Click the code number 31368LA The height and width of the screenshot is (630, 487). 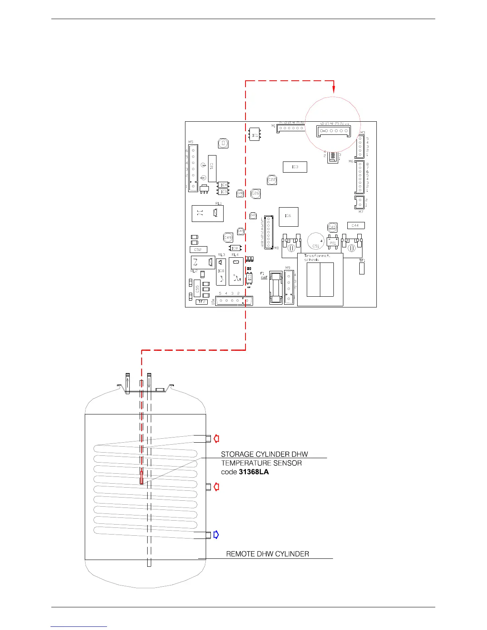pyautogui.click(x=254, y=472)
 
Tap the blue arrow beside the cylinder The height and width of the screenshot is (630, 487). pyautogui.click(x=216, y=535)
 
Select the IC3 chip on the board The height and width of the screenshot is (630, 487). pyautogui.click(x=295, y=167)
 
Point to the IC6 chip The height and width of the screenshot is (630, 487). pyautogui.click(x=288, y=216)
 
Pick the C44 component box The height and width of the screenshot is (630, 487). pyautogui.click(x=355, y=226)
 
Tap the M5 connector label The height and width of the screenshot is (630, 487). pyautogui.click(x=191, y=142)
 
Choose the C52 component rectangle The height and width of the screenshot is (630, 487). pyautogui.click(x=198, y=250)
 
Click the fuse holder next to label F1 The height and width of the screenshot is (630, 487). pyautogui.click(x=276, y=288)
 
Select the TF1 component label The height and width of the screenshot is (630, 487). pyautogui.click(x=362, y=261)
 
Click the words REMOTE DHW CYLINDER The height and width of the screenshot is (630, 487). pyautogui.click(x=267, y=554)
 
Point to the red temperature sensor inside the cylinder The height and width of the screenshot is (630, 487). pyautogui.click(x=142, y=476)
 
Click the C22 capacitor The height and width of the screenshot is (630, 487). pyautogui.click(x=272, y=180)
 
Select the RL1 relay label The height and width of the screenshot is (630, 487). pyautogui.click(x=218, y=203)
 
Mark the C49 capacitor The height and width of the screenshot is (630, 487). pyautogui.click(x=228, y=237)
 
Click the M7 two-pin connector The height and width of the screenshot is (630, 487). pyautogui.click(x=359, y=202)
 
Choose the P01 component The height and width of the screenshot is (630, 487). pyautogui.click(x=333, y=242)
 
